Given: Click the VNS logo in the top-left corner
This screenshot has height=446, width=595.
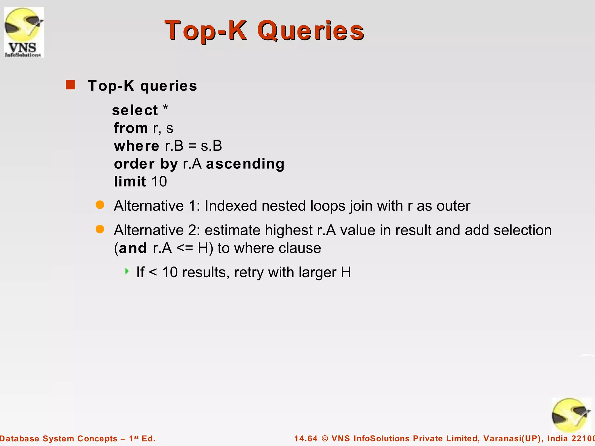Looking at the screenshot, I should pyautogui.click(x=24, y=32).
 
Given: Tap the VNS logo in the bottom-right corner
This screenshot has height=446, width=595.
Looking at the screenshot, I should pyautogui.click(x=571, y=415).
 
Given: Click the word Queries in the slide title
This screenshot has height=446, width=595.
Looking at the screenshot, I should pyautogui.click(x=311, y=30).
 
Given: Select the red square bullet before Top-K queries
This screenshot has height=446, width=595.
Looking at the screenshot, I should pyautogui.click(x=71, y=85).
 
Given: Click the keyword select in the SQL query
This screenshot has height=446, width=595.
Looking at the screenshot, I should pyautogui.click(x=135, y=110).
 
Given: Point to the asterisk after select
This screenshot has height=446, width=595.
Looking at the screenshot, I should pyautogui.click(x=165, y=108).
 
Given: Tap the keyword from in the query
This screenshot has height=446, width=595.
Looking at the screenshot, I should pyautogui.click(x=131, y=128).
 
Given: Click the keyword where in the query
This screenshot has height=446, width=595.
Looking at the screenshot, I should pyautogui.click(x=137, y=146).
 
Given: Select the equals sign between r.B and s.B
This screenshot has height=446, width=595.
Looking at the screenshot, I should pyautogui.click(x=192, y=146).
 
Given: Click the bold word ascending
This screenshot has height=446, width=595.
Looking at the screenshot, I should pyautogui.click(x=245, y=164).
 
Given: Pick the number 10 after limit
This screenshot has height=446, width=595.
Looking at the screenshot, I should pyautogui.click(x=159, y=181).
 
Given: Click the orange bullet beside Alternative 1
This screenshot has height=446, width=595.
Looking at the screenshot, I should pyautogui.click(x=100, y=205).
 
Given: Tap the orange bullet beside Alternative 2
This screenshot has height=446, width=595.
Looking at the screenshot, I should pyautogui.click(x=100, y=229).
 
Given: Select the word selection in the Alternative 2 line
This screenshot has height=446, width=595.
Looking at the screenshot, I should pyautogui.click(x=522, y=230).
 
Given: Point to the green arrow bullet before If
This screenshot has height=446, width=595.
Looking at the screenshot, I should pyautogui.click(x=127, y=271).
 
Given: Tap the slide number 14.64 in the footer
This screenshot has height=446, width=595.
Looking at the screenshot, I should pyautogui.click(x=306, y=438).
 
